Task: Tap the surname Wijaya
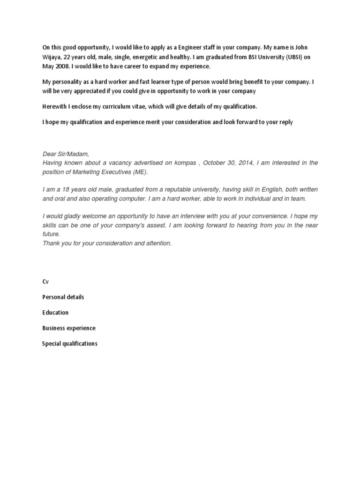(52, 57)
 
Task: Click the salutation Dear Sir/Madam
(65, 154)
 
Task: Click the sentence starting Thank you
(107, 243)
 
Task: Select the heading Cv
(45, 281)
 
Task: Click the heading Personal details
(63, 297)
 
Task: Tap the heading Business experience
(69, 328)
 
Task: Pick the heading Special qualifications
(70, 344)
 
